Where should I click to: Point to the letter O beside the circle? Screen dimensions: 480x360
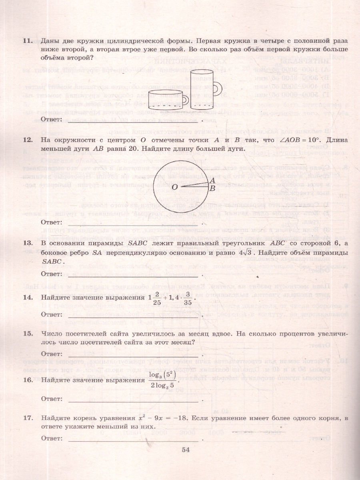174,187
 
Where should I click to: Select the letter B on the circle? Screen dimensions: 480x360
213,188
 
